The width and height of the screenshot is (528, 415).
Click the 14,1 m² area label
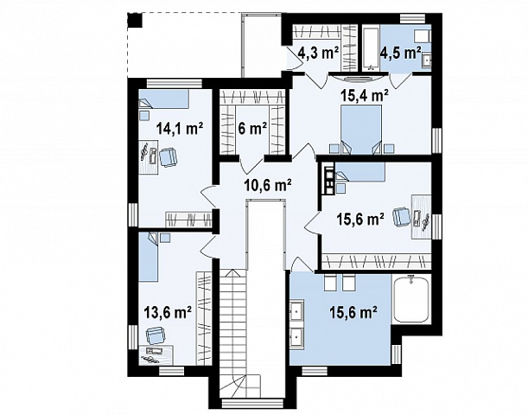tap(180, 128)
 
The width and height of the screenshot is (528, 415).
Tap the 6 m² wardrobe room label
tap(252, 128)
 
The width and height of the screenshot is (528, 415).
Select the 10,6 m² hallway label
tap(268, 185)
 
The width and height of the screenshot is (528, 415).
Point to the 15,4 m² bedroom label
tap(365, 96)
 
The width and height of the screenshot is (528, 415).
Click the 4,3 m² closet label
tap(319, 53)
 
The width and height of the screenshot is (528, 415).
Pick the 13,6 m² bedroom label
tap(168, 312)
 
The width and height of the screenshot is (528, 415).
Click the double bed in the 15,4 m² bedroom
tap(362, 130)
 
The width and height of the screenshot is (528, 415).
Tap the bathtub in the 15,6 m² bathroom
tap(411, 299)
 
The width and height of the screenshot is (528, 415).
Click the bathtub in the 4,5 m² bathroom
tap(371, 48)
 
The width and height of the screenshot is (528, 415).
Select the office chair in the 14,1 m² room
tap(168, 157)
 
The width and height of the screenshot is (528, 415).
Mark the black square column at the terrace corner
tap(135, 20)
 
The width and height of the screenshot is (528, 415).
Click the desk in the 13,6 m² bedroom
tap(156, 354)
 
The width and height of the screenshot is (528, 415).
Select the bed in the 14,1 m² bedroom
tap(164, 99)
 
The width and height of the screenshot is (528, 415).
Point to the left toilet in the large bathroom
tap(329, 283)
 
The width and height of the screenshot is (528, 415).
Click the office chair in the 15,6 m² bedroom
tap(402, 217)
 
